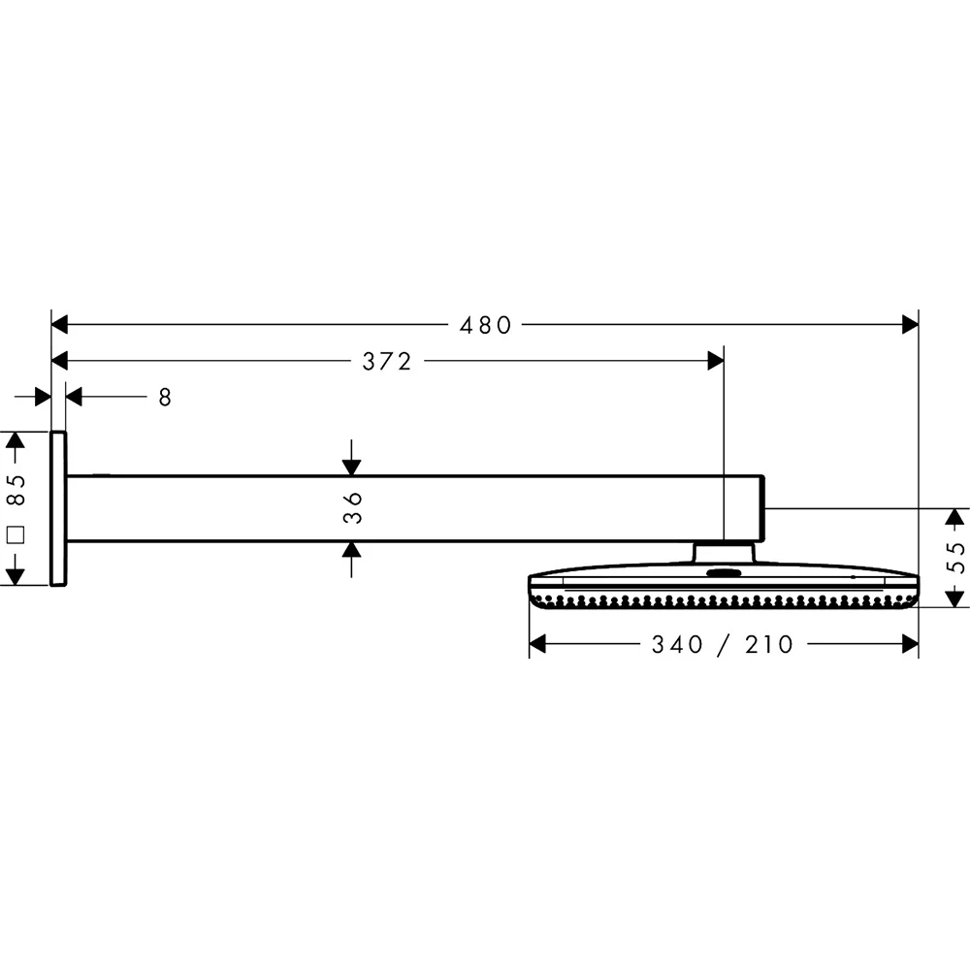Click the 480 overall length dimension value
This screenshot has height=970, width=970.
(485, 326)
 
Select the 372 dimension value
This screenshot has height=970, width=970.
(387, 362)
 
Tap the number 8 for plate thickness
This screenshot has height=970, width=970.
(165, 397)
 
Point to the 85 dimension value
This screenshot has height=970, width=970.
(16, 488)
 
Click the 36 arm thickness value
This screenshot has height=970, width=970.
(353, 507)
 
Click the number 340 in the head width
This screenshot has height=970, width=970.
(676, 644)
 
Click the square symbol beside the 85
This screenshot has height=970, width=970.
(16, 533)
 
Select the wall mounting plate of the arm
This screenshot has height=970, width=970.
(58, 508)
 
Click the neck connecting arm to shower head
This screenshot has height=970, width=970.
(723, 552)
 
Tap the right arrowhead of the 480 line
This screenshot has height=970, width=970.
(909, 325)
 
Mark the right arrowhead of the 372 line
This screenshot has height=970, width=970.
(715, 361)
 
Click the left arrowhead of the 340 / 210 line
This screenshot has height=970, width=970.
(538, 643)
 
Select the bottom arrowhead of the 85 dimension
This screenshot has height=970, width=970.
(15, 576)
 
